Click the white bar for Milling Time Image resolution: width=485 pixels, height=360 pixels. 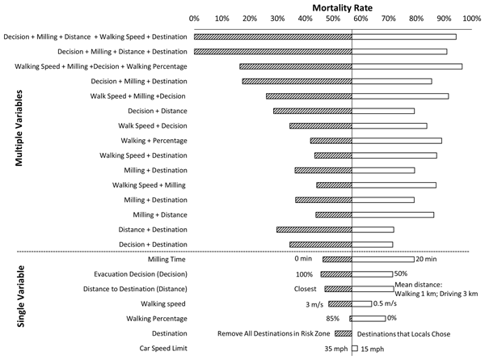(x=383, y=259)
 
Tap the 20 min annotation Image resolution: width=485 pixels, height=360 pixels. (x=426, y=259)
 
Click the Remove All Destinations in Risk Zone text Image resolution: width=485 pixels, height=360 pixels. (x=273, y=333)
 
